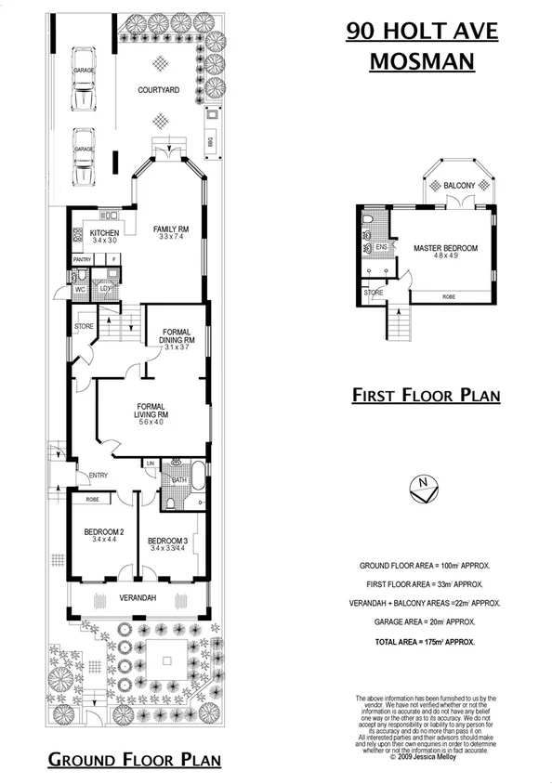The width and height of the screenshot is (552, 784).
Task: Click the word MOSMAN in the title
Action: coord(423,61)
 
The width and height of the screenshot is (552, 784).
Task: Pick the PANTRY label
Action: coord(82,259)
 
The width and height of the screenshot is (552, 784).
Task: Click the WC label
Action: coord(80,289)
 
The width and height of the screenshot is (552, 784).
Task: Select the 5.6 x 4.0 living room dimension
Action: coord(151,421)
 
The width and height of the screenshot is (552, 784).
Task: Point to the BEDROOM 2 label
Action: coord(102,532)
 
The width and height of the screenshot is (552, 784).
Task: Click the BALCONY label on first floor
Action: coord(459,185)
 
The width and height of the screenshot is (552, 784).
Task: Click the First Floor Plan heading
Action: coord(427,395)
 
